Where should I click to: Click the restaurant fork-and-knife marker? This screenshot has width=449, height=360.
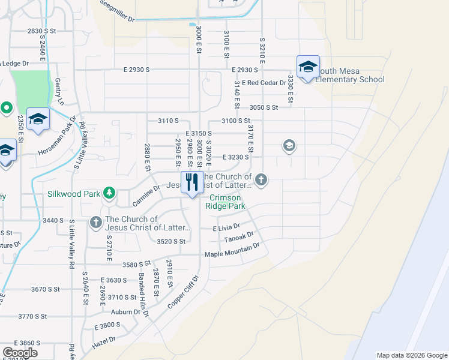192,183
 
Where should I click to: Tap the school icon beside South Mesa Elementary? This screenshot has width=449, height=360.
307,67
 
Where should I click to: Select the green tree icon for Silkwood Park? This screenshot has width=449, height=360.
109,193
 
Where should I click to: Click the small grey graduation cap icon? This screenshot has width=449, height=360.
289,146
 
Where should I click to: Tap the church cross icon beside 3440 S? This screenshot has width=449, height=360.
95,223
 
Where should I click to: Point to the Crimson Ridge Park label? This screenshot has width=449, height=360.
224,202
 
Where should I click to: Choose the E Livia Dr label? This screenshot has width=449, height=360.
226,228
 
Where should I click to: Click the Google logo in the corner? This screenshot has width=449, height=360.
20,353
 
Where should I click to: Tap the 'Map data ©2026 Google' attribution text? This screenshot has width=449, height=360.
412,355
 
